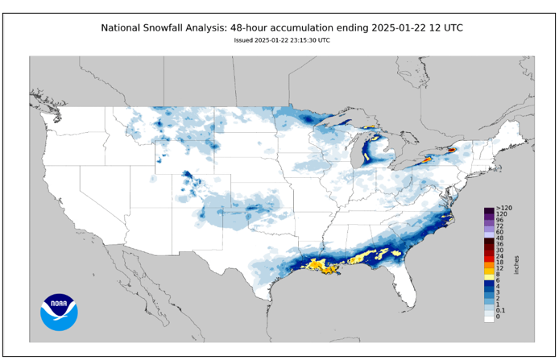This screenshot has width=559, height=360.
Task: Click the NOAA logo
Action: (59, 312)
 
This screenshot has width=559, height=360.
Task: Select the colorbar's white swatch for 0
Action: (488, 317)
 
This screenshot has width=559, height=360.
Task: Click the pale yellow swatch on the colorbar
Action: (488, 275)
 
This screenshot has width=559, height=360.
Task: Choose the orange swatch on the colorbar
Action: (488, 263)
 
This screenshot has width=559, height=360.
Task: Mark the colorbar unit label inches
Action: (516, 263)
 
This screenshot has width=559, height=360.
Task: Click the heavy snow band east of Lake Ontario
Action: (451, 150)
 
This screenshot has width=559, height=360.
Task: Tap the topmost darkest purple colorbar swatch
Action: (488, 209)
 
